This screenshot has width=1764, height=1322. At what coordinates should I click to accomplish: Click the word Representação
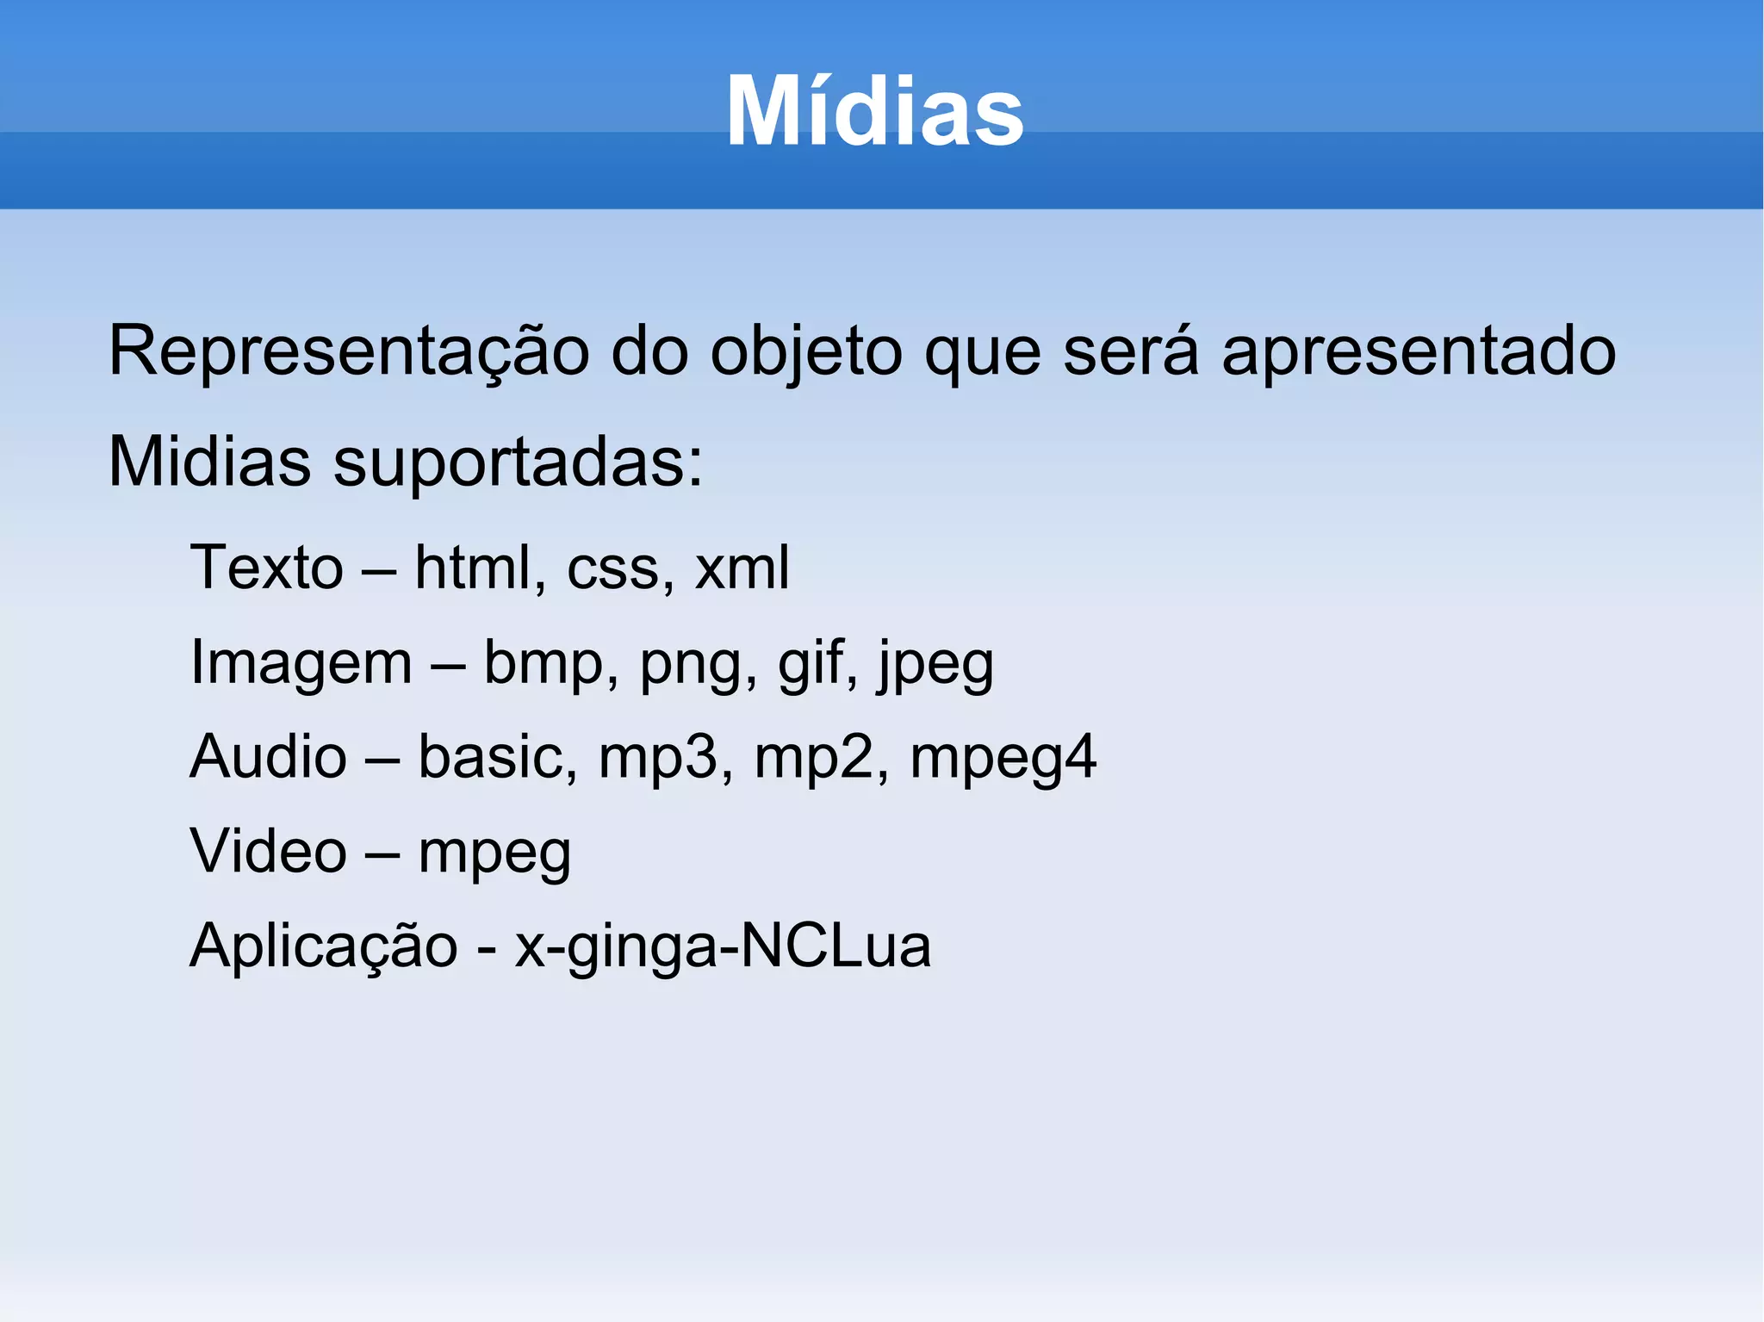coord(349,351)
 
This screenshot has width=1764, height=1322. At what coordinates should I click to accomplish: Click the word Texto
coord(267,568)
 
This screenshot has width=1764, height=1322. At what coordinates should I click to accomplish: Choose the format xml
coord(742,568)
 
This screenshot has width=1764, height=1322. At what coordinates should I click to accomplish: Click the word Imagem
coord(301,663)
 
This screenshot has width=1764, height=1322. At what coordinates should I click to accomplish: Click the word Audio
coord(268,757)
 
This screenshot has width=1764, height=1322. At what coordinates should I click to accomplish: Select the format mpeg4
coord(1003,759)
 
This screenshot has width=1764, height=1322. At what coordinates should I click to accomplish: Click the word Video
coord(268,852)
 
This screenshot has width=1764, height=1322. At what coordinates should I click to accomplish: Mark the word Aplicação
coord(324,947)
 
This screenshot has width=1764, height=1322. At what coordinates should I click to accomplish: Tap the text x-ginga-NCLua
coord(723,947)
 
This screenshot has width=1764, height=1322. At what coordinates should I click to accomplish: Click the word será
coord(1131,351)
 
